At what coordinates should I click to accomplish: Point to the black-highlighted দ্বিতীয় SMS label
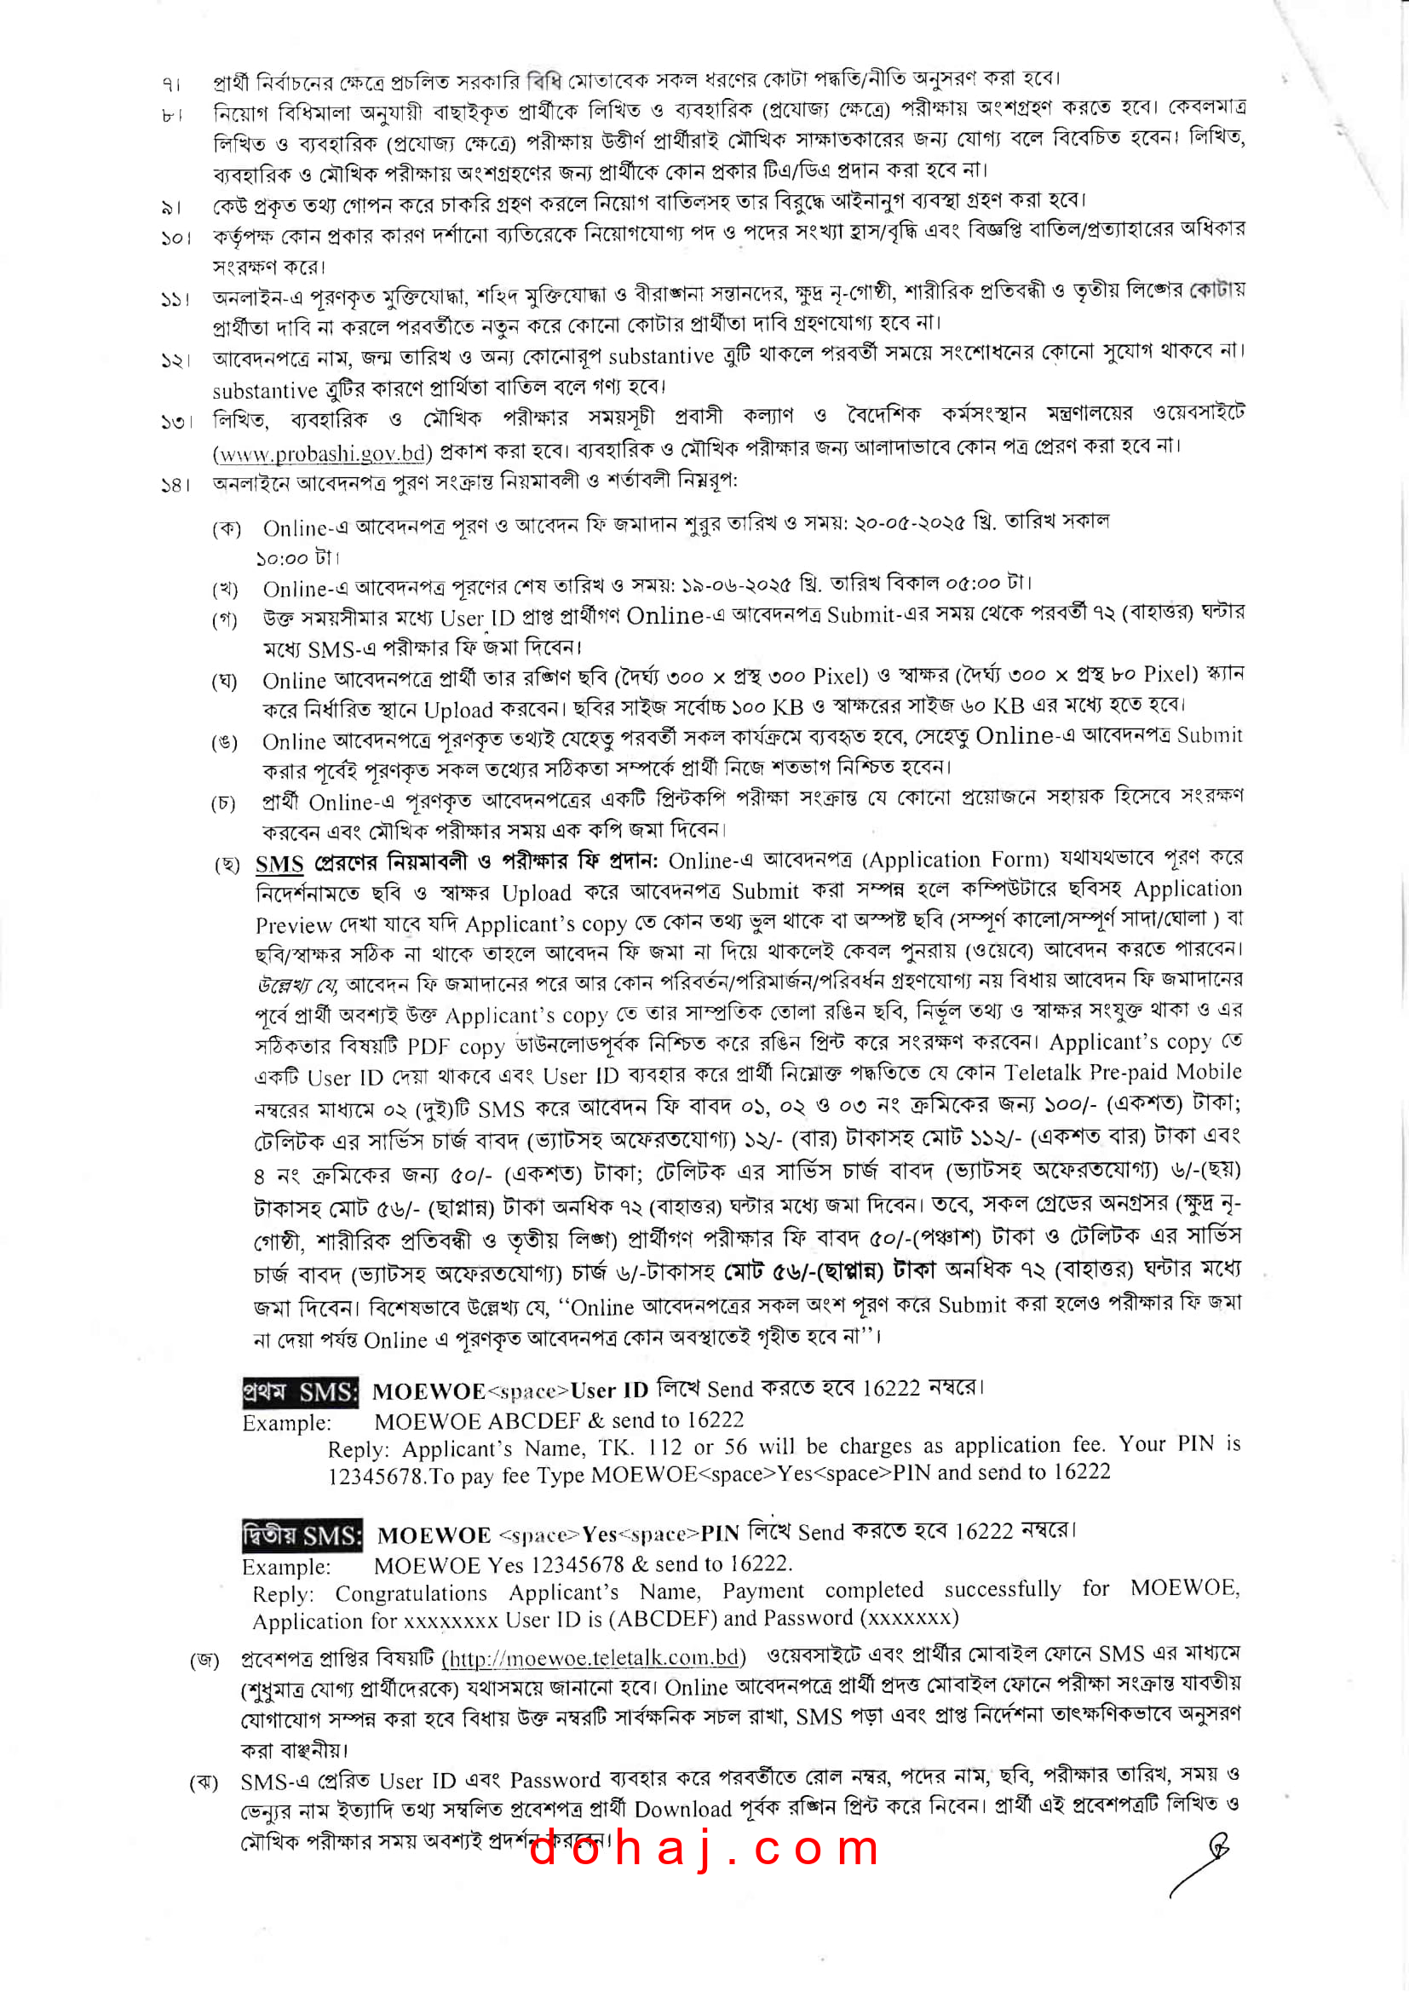tap(302, 1534)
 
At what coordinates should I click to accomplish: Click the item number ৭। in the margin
tap(171, 84)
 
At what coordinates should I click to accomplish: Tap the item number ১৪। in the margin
tap(175, 484)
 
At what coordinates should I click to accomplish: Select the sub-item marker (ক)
tap(227, 528)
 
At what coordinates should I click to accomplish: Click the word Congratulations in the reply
tap(411, 1593)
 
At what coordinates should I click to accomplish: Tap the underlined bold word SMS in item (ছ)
tap(279, 864)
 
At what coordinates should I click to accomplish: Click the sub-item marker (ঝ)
tap(204, 1782)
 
